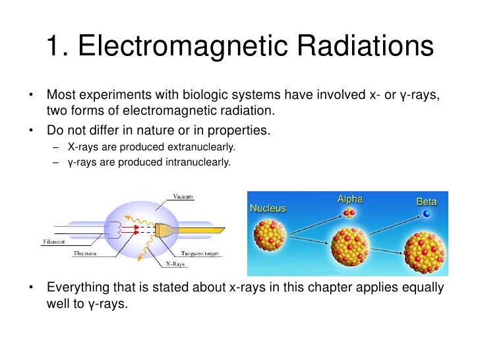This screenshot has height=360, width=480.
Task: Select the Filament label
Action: pos(54,242)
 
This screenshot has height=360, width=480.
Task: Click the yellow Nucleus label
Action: pos(268,208)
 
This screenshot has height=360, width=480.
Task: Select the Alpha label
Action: pos(349,199)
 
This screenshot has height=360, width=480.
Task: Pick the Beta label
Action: pos(427,201)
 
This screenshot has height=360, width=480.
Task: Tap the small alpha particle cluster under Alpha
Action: pos(349,212)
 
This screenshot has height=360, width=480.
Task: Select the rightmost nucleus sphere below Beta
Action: pos(425,253)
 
